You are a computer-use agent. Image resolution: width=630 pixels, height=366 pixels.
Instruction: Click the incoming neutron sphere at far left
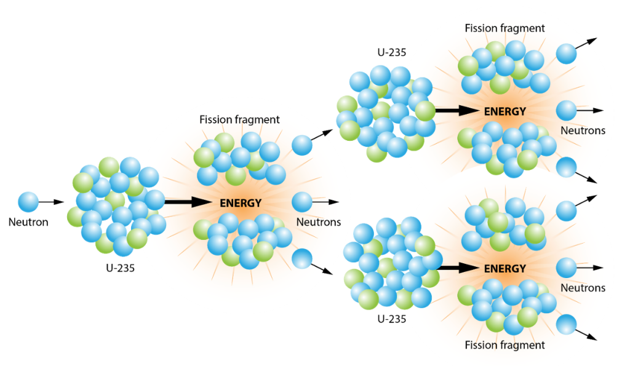28,201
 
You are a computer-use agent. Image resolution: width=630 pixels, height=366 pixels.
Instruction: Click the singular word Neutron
28,222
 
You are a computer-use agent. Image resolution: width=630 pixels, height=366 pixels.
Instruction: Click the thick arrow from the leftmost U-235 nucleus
187,201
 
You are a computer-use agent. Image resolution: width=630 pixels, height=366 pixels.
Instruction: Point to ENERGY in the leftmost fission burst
241,202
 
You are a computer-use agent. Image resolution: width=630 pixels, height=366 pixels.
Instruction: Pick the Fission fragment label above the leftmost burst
239,119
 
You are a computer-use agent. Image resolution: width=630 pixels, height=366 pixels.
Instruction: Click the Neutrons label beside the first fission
319,222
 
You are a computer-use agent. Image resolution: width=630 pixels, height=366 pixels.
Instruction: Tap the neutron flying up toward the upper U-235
301,145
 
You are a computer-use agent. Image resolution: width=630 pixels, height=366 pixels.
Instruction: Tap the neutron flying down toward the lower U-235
301,258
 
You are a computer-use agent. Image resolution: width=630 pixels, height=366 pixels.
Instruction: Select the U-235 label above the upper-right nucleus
391,52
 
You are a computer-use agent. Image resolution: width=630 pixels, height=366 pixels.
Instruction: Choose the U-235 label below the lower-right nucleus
391,319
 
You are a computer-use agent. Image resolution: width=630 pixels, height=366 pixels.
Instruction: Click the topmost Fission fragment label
504,28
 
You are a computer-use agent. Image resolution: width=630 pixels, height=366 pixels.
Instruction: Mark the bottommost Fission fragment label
504,345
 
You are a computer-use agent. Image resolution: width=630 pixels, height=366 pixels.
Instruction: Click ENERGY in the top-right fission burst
505,111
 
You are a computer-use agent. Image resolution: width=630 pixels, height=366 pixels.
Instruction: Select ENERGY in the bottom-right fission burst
505,269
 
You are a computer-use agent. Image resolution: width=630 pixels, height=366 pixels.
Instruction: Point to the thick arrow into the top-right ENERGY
456,111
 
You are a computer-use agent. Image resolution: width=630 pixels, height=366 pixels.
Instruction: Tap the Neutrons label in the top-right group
583,130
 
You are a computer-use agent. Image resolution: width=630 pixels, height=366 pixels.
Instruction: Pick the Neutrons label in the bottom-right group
583,287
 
